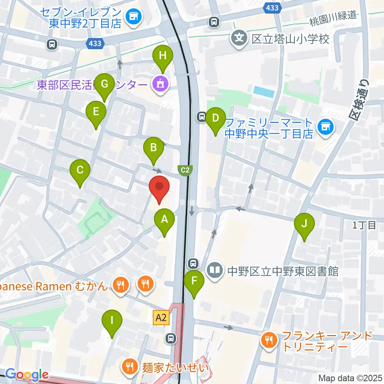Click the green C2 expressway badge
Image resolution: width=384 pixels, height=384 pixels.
pyautogui.click(x=184, y=170)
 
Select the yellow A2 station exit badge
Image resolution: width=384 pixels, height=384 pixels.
pyautogui.click(x=161, y=318)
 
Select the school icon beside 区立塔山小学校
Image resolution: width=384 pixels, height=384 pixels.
pyautogui.click(x=239, y=39)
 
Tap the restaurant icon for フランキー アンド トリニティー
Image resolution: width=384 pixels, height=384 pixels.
pyautogui.click(x=267, y=341)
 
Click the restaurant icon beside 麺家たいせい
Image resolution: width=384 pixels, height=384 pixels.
pyautogui.click(x=130, y=366)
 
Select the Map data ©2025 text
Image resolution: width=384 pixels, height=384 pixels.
pyautogui.click(x=350, y=378)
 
